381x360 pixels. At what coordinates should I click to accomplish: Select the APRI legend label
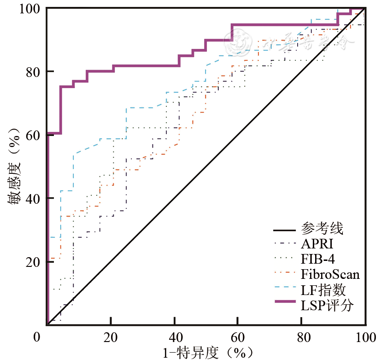(x=317, y=244)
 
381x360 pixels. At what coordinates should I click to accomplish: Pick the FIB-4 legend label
(x=318, y=260)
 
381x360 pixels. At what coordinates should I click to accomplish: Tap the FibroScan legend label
(x=330, y=275)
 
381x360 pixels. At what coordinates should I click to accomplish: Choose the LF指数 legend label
(x=323, y=290)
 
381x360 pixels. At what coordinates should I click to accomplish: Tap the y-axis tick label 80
(x=37, y=72)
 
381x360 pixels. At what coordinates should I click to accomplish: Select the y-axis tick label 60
(x=37, y=135)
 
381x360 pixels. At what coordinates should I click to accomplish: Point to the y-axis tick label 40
(x=37, y=199)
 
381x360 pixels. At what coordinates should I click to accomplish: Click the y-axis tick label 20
(x=37, y=262)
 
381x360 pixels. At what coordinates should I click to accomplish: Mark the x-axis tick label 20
(x=111, y=337)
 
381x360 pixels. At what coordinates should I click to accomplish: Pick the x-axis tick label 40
(x=174, y=337)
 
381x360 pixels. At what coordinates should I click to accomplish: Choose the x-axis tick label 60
(x=238, y=337)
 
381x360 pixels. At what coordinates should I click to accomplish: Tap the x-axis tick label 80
(x=302, y=337)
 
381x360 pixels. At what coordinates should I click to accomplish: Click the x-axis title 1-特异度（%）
(x=208, y=353)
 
